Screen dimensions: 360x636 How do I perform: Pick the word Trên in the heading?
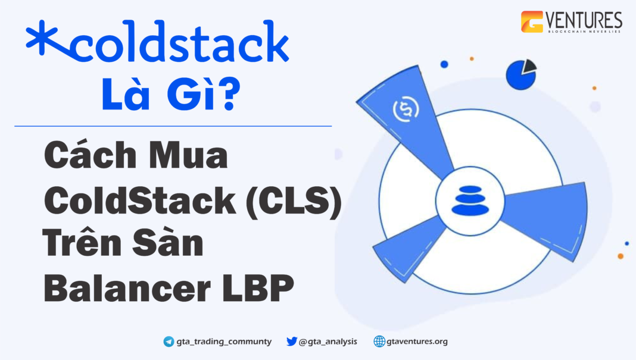click(x=80, y=244)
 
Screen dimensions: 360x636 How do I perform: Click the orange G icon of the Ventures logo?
click(x=532, y=22)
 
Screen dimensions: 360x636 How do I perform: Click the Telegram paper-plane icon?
click(x=169, y=342)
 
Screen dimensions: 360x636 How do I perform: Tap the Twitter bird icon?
click(x=291, y=342)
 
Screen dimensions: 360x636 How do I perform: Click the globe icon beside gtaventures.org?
click(x=379, y=342)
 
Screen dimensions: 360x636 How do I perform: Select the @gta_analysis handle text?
click(x=328, y=342)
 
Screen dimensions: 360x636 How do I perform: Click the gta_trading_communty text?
click(x=224, y=342)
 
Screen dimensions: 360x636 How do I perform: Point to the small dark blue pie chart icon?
click(x=520, y=74)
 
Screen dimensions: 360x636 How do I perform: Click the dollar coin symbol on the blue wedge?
click(x=405, y=109)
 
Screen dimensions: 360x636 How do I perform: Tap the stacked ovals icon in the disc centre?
click(x=470, y=200)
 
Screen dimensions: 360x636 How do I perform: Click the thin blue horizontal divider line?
click(x=173, y=126)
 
